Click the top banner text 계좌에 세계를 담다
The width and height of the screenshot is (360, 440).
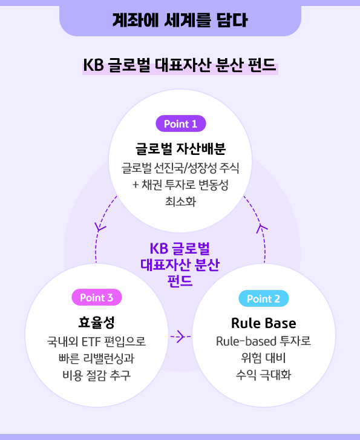point(180,20)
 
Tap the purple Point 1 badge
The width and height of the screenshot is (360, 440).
point(180,123)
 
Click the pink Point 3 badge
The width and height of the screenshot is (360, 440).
point(96,297)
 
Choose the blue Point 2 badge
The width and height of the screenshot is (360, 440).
point(263,298)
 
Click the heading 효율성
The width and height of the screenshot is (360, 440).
point(97,321)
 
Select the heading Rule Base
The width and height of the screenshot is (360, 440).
point(263,322)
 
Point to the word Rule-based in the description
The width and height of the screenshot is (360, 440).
point(240,341)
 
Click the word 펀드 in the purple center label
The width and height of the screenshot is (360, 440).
point(180,281)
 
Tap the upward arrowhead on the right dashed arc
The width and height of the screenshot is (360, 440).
point(262,227)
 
